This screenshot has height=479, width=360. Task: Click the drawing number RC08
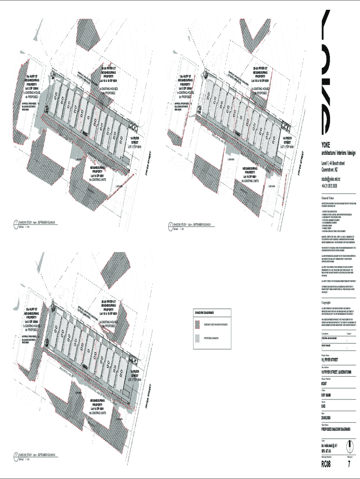[325, 464]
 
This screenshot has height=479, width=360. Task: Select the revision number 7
[349, 464]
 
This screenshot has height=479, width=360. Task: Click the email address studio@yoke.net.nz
[331, 179]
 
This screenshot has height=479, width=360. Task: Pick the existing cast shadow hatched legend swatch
[198, 324]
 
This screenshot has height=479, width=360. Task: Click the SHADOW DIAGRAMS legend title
[205, 312]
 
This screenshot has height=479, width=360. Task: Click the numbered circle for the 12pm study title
[170, 225]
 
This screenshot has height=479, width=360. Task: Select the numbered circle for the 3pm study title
[15, 455]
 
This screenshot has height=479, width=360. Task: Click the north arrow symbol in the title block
[349, 444]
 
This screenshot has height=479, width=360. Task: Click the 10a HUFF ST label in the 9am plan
[32, 76]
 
